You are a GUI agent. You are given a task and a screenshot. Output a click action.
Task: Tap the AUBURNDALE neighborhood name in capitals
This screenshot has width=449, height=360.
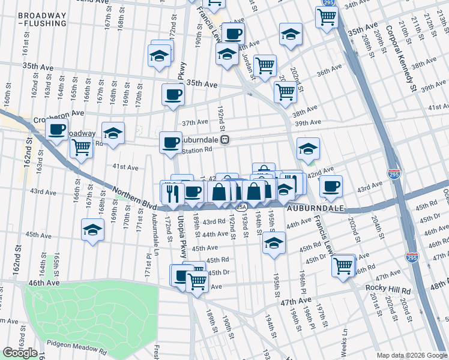[x=315, y=208]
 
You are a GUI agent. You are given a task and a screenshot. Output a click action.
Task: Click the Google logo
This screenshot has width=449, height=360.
[x=20, y=352]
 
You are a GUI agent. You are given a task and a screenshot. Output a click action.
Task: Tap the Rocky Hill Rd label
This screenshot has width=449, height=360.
[x=387, y=287]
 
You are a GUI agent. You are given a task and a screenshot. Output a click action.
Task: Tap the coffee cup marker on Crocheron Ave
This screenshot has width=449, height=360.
[x=57, y=129]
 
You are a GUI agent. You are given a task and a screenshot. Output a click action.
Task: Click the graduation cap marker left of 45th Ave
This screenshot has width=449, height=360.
[x=92, y=229]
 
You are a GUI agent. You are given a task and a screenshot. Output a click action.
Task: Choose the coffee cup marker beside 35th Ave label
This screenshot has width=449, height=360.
[x=173, y=94]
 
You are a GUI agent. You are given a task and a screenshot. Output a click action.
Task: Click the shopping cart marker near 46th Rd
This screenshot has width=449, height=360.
[x=343, y=265]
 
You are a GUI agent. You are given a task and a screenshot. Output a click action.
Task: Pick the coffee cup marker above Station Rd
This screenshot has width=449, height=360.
[x=170, y=143]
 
